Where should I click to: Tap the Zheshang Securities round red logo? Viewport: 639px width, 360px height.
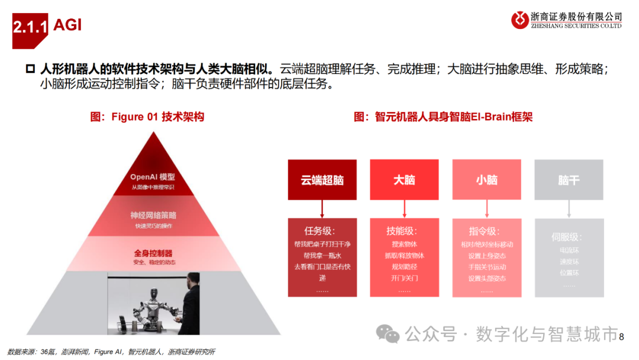tap(520, 20)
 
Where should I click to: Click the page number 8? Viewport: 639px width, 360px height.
tap(621, 336)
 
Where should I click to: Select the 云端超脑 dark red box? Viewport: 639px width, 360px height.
tap(322, 179)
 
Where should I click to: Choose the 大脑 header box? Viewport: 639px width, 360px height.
tap(404, 179)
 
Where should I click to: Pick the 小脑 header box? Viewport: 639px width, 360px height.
tap(486, 179)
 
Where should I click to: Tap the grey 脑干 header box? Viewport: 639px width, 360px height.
tap(569, 179)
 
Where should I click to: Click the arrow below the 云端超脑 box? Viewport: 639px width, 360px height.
tap(322, 208)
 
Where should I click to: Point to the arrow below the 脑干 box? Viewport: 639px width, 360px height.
tap(569, 208)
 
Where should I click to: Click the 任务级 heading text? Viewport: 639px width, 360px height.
tap(322, 231)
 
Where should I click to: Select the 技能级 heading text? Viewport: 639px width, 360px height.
tap(404, 231)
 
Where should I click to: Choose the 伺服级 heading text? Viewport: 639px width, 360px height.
tap(566, 237)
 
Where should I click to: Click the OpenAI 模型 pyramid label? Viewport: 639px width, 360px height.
tap(153, 177)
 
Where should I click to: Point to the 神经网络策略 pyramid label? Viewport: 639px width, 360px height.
tap(153, 216)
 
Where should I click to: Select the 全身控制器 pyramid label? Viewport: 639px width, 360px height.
tap(153, 253)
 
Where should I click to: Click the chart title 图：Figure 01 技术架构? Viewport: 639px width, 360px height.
tap(147, 117)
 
